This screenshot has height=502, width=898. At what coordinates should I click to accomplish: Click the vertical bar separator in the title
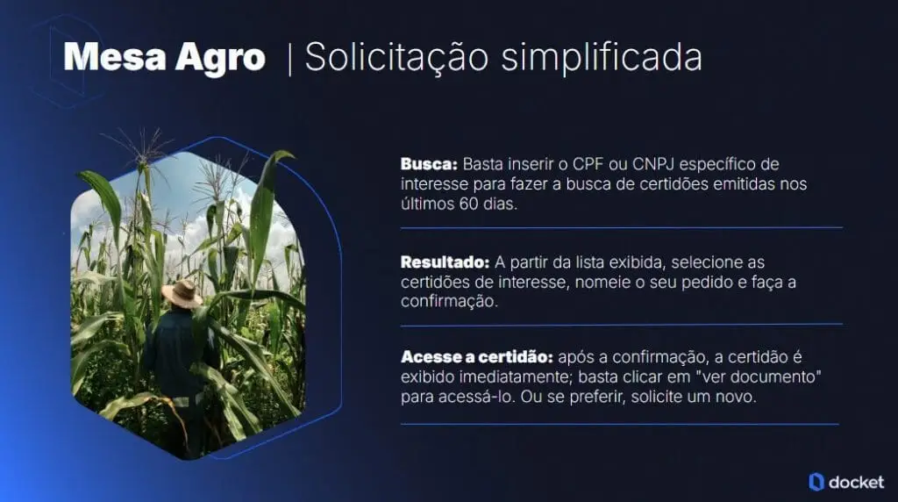tap(289, 60)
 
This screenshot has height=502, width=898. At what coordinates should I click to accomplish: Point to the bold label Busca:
tap(429, 164)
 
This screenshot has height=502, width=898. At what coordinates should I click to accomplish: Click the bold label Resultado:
tap(445, 262)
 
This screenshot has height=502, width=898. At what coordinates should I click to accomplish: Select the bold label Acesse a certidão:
tap(476, 357)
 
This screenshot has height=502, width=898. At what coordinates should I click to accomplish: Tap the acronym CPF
tap(588, 164)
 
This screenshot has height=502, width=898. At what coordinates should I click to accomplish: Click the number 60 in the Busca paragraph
tap(468, 204)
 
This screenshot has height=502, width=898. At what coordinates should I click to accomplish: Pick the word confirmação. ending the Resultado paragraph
tap(449, 302)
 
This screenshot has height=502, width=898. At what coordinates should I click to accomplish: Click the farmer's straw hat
tap(182, 293)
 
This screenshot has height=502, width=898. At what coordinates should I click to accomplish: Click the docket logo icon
tap(816, 482)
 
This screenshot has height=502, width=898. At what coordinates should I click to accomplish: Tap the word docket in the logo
tap(857, 483)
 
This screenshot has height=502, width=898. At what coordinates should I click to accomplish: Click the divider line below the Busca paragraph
tap(622, 228)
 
